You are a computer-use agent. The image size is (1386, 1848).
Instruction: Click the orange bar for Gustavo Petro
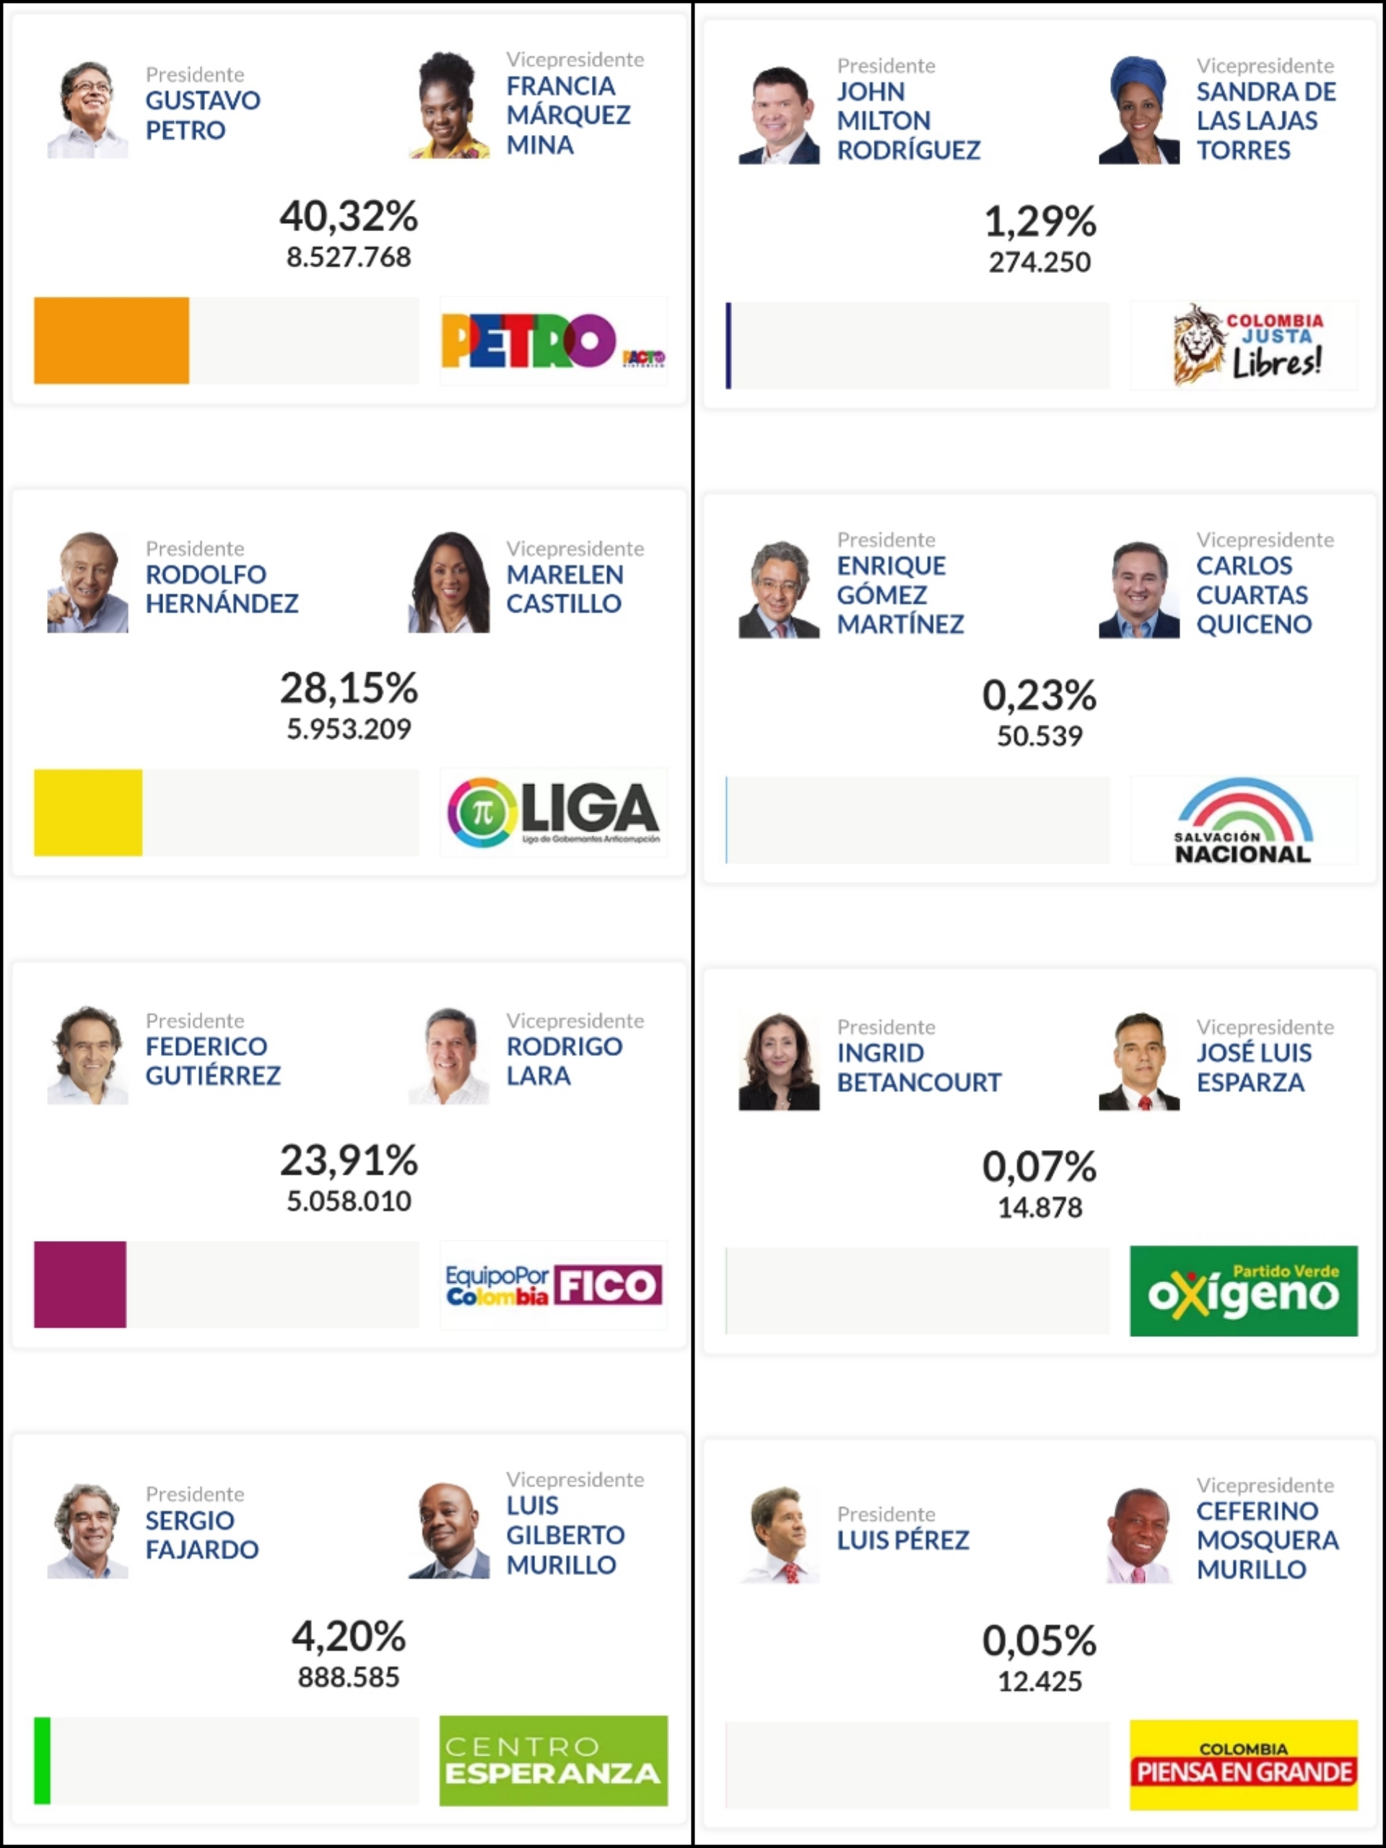click(111, 340)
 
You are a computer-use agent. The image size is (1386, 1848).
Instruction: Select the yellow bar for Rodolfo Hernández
click(88, 812)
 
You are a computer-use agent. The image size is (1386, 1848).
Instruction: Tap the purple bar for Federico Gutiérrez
click(80, 1284)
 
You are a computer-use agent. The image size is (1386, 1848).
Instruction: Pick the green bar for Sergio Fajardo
click(42, 1760)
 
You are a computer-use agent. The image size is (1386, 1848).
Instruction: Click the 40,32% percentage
click(349, 216)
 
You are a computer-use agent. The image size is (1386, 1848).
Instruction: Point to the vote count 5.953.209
click(349, 729)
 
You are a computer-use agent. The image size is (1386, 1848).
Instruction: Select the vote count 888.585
click(349, 1678)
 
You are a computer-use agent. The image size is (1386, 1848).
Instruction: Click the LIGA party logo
click(554, 812)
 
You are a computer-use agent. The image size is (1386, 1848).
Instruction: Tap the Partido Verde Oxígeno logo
click(1244, 1291)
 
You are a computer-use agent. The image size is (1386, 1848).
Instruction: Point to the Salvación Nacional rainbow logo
click(1244, 819)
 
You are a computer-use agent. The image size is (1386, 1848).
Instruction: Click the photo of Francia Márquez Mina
click(448, 105)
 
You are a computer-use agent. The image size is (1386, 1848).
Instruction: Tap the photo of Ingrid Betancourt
click(779, 1062)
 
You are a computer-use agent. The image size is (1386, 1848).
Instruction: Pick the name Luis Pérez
click(903, 1540)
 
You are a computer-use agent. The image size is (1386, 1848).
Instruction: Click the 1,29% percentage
click(1039, 222)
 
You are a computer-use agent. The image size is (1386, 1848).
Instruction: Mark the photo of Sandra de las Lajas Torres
click(1138, 110)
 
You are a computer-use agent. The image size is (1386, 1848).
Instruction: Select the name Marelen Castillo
click(565, 589)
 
